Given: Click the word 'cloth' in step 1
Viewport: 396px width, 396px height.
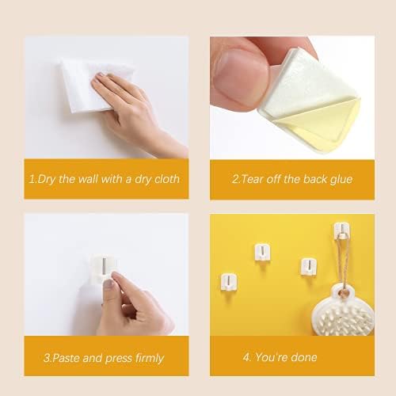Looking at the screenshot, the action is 167,179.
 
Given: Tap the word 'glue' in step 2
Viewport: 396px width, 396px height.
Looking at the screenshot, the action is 341,180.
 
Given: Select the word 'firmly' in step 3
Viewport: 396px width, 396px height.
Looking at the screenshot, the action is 150,358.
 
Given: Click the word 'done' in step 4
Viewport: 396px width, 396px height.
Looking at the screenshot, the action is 304,357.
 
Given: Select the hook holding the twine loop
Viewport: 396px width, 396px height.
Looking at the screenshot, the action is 342,230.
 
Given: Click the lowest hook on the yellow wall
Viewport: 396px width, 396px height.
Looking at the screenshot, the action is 229,282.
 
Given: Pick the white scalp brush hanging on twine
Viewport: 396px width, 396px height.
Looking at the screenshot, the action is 343,311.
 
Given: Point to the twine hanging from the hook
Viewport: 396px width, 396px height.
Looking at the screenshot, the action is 343,261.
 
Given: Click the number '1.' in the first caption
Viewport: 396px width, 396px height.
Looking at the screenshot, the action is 32,179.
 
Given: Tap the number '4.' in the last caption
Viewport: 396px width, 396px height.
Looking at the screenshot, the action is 247,357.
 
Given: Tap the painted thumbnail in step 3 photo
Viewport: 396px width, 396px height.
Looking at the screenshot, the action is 109,283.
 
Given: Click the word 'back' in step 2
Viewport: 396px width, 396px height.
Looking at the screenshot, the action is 314,179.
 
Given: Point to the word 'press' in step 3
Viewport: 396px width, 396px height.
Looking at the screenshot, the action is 119,359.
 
